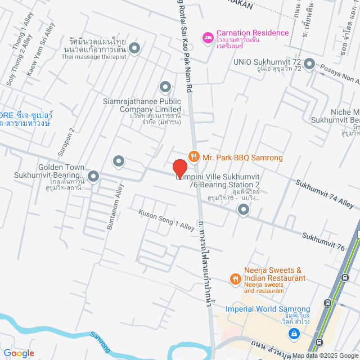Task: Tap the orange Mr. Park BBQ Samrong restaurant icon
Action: (x=193, y=157)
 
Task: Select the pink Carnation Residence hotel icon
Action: (x=207, y=36)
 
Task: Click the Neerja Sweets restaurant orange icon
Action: (x=235, y=278)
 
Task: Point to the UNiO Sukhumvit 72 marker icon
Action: (x=310, y=74)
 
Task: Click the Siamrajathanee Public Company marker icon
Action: (x=165, y=87)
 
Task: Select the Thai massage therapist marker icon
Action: (x=134, y=49)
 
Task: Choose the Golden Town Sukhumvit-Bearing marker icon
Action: (x=93, y=177)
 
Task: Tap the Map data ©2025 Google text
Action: (x=325, y=355)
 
